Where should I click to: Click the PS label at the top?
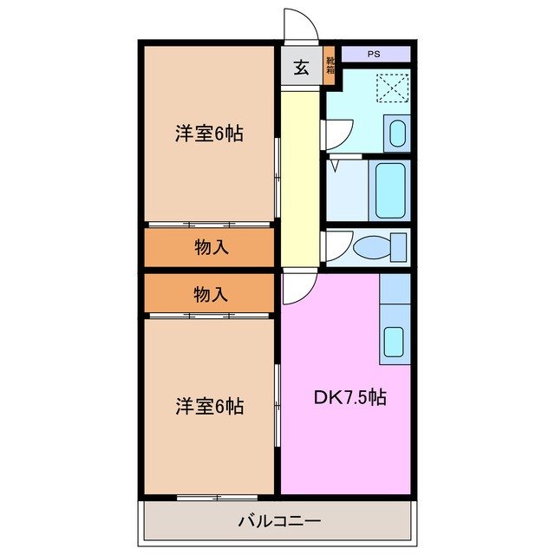pos(374,54)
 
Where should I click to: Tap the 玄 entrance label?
pos(301,69)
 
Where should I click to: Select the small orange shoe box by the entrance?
pos(330,69)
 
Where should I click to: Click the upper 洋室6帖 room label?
pos(209,134)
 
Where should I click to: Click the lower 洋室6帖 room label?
pos(209,405)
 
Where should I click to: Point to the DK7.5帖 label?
pos(349,398)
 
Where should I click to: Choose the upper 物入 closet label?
pos(211,247)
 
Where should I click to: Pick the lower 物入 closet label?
pos(211,295)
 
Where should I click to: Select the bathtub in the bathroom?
pos(389,188)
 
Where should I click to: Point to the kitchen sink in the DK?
pos(395,341)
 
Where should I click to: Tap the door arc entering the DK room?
pos(296,288)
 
